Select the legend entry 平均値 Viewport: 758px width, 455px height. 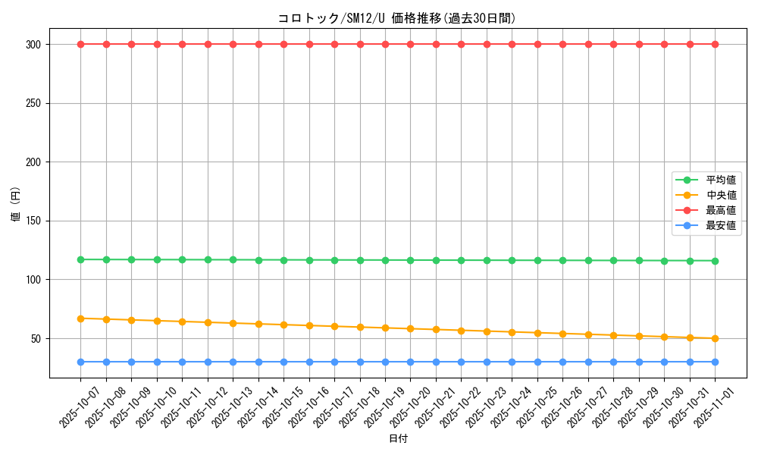click(721, 180)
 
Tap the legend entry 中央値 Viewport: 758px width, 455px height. click(721, 195)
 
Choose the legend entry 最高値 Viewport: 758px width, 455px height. click(721, 210)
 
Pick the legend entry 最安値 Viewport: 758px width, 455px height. click(721, 225)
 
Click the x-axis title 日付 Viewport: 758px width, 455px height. click(397, 439)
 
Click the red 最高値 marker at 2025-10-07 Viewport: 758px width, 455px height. click(80, 44)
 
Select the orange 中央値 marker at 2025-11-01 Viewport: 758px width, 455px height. click(715, 338)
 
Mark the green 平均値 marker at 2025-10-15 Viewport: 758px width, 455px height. click(283, 260)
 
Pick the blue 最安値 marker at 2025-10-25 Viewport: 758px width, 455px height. click(537, 362)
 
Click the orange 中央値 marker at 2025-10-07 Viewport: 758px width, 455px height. click(80, 318)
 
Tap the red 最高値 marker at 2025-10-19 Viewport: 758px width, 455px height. click(385, 44)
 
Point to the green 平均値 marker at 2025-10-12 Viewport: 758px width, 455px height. click(208, 259)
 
